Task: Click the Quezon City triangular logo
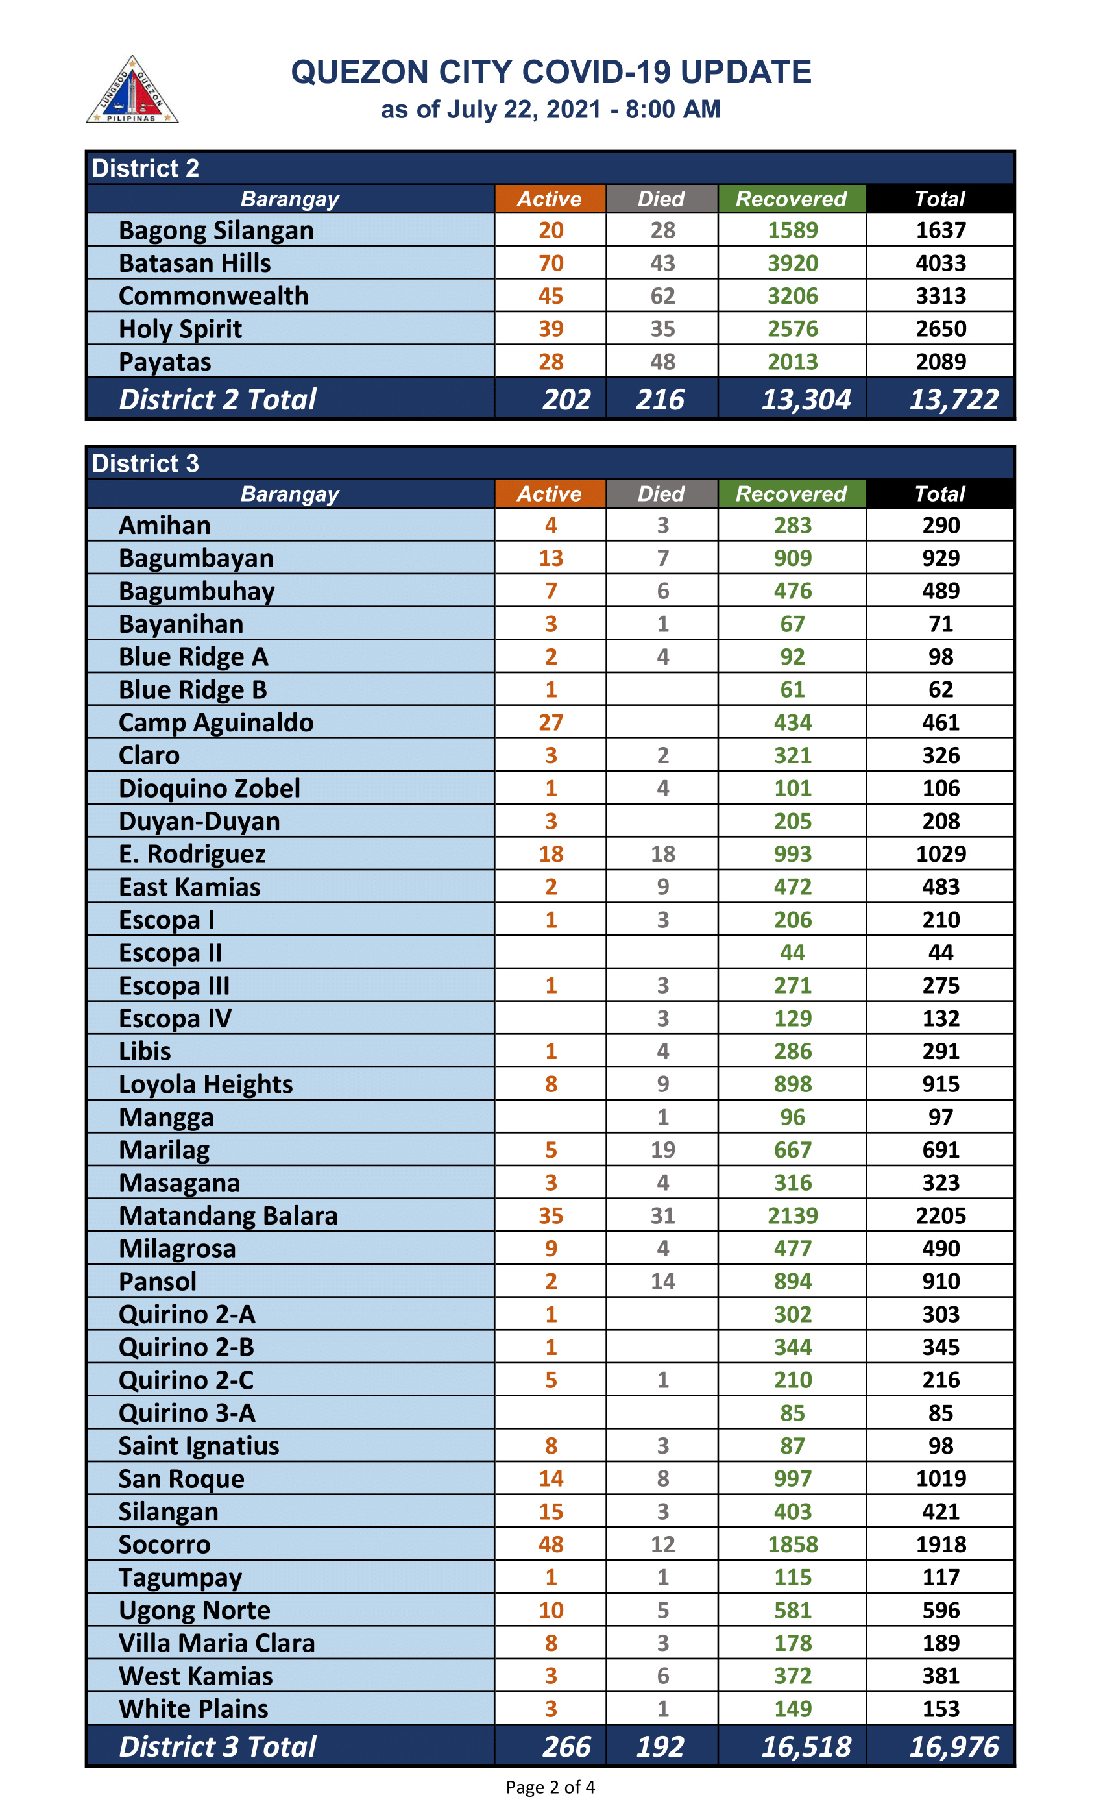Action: [132, 91]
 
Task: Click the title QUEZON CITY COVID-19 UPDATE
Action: [551, 72]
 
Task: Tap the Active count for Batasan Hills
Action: [551, 263]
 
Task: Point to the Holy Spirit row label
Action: [180, 329]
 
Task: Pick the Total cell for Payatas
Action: [940, 361]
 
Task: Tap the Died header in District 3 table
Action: [661, 493]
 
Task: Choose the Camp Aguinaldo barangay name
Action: [216, 723]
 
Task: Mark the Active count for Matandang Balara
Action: [551, 1215]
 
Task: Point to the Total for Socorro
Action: [940, 1544]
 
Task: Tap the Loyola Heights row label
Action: [206, 1084]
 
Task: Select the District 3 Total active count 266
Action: [566, 1746]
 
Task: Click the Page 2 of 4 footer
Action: [550, 1787]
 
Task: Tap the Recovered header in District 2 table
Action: [791, 199]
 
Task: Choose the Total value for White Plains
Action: [940, 1709]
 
